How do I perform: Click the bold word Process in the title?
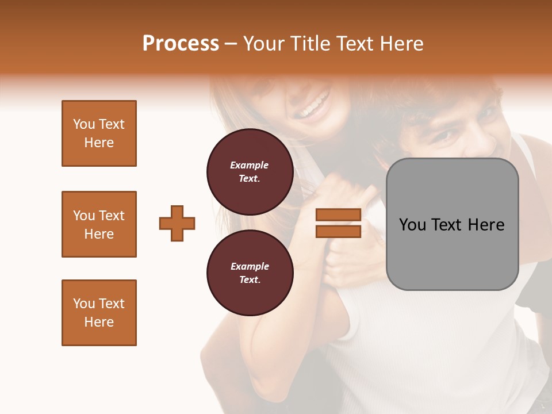(181, 44)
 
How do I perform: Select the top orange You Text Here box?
(99, 133)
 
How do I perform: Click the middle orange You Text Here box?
(99, 224)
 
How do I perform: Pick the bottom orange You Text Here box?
(99, 313)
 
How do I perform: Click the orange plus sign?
(177, 223)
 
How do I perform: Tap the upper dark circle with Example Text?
(250, 172)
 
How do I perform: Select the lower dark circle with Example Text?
(250, 273)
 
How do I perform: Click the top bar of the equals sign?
(338, 215)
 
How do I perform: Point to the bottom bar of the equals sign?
(338, 231)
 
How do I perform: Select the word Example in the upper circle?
(250, 165)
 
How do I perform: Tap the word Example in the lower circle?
(250, 266)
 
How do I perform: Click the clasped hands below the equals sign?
(351, 259)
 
